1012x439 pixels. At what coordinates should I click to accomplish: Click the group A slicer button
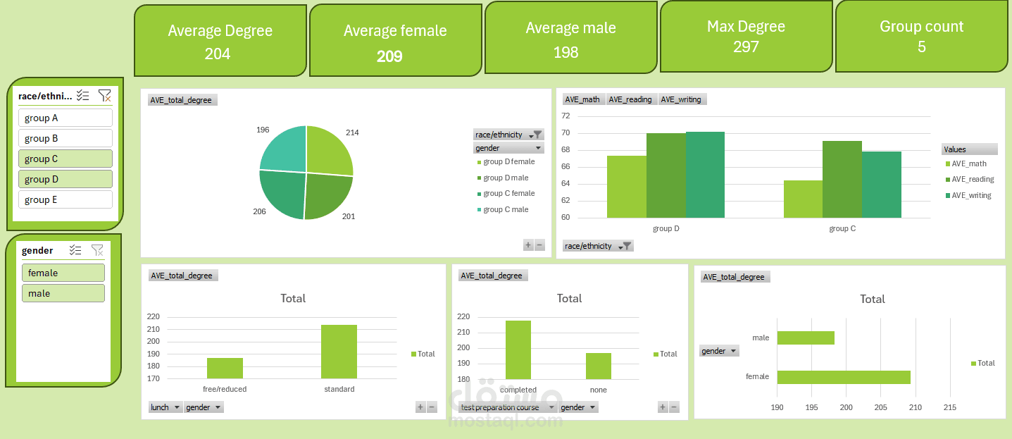click(65, 118)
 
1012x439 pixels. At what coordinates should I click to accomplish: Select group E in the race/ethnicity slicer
click(65, 200)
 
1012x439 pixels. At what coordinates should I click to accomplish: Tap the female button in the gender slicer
click(63, 273)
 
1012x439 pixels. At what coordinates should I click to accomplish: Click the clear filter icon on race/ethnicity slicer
click(104, 95)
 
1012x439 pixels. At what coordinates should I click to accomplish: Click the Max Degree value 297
click(746, 47)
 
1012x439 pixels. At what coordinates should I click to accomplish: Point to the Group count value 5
click(922, 47)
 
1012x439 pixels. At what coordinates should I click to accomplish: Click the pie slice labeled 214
click(327, 149)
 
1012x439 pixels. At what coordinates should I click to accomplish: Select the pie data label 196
click(263, 130)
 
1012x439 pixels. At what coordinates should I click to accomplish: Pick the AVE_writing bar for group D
click(705, 175)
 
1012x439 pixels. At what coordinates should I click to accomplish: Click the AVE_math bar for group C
click(803, 199)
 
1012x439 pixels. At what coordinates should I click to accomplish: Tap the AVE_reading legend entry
click(970, 179)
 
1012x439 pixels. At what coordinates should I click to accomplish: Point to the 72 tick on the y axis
click(566, 116)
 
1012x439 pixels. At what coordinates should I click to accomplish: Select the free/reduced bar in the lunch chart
click(225, 368)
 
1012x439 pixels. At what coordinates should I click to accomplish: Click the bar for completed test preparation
click(518, 350)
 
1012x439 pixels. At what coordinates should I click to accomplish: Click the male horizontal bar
click(806, 338)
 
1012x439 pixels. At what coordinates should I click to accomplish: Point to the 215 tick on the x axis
click(949, 407)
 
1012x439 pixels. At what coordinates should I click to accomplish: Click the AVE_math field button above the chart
click(582, 99)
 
